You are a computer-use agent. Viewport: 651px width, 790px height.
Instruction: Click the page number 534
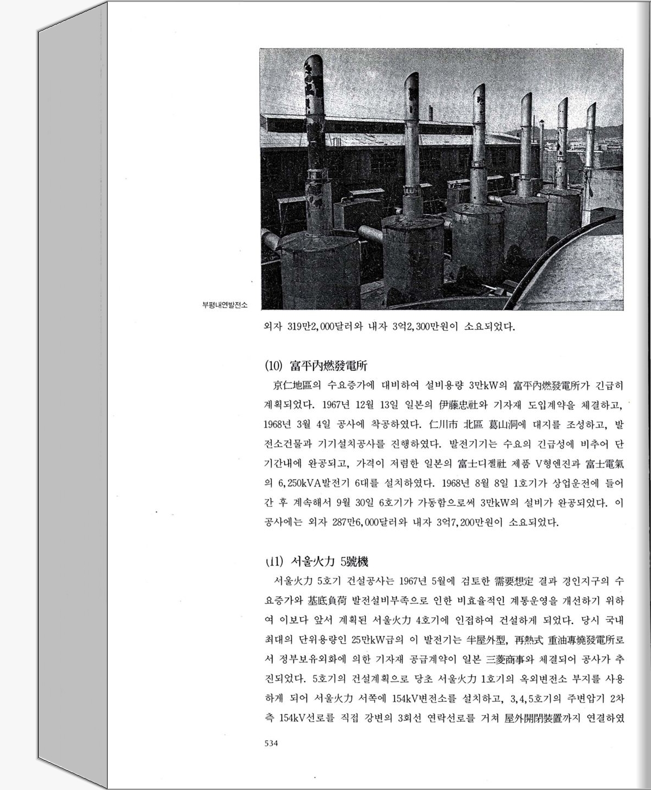point(271,743)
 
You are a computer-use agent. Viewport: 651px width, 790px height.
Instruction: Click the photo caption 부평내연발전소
point(224,305)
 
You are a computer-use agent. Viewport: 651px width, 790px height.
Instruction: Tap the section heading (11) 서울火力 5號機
point(316,561)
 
